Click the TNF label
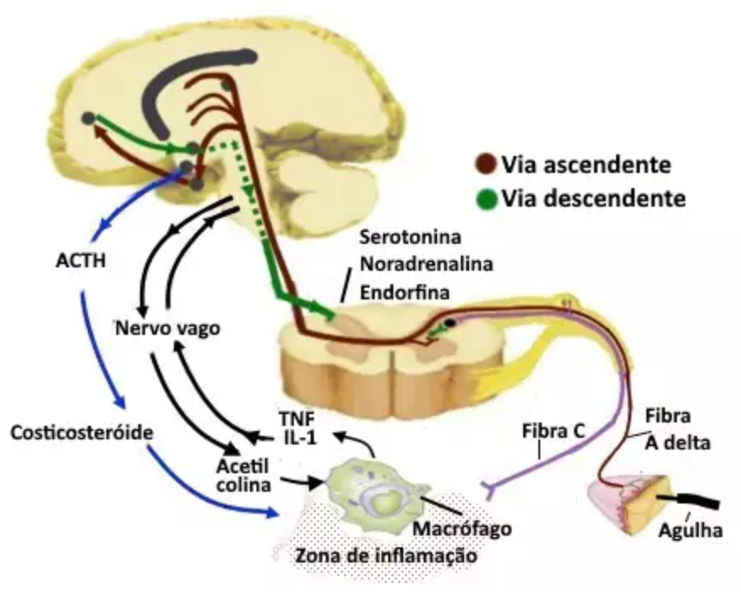(x=289, y=418)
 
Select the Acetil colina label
(x=242, y=474)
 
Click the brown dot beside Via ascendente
(x=485, y=164)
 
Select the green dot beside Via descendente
(x=485, y=199)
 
